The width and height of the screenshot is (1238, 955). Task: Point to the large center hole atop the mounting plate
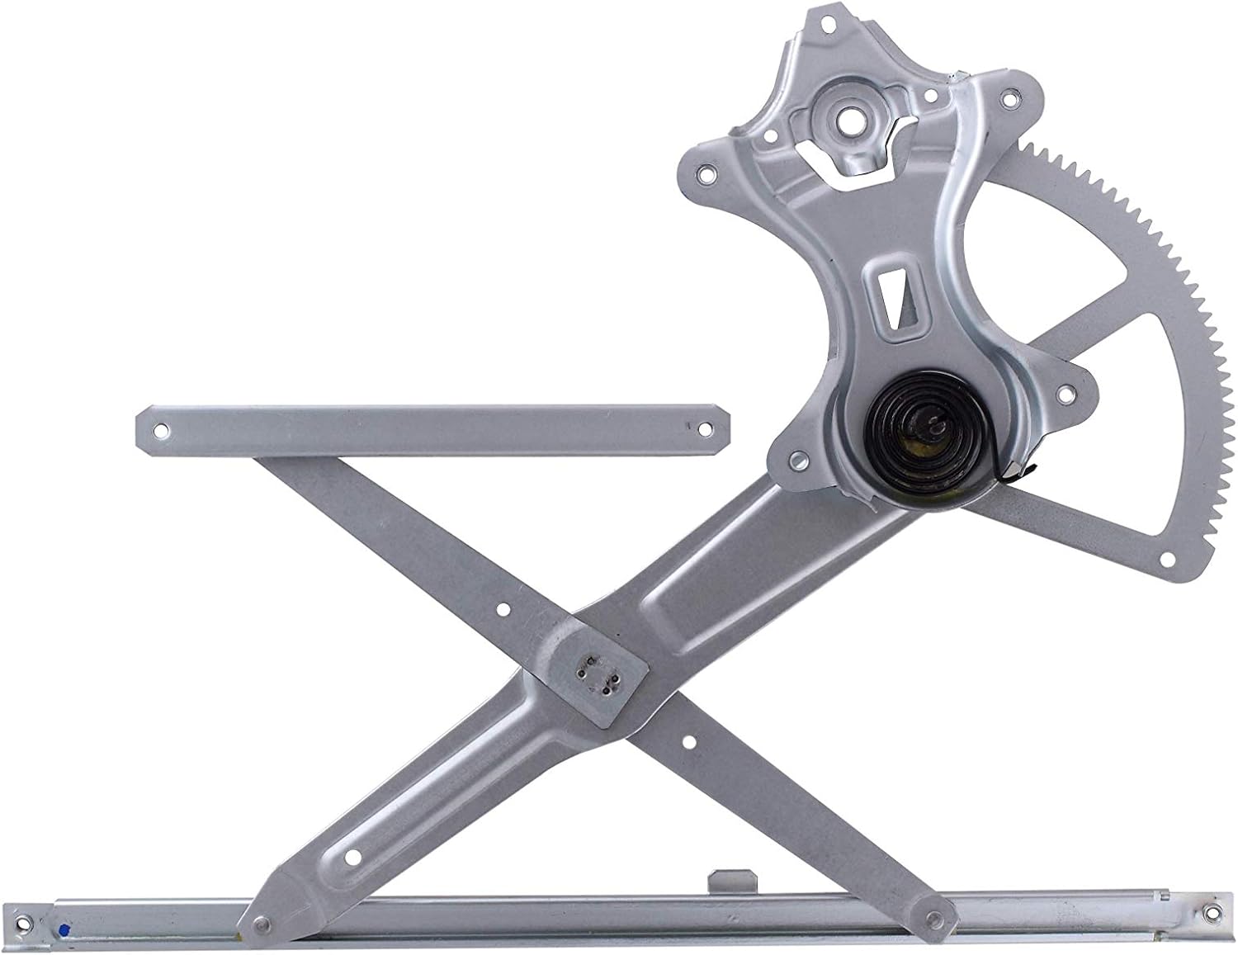848,116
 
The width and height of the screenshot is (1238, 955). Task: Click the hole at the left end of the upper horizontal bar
161,430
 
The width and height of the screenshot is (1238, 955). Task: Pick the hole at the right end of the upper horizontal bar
706,429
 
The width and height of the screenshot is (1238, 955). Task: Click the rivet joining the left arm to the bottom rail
262,901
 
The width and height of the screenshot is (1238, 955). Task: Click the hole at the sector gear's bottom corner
1166,559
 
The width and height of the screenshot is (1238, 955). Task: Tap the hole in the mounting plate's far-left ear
704,174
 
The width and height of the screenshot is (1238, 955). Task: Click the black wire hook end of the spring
1013,475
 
